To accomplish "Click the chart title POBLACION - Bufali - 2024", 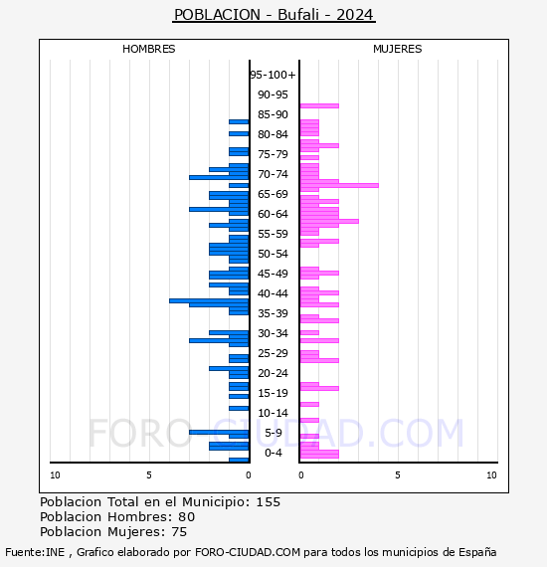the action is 273,15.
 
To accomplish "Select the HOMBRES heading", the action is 148,49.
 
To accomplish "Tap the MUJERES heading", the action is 398,49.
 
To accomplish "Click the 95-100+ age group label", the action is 273,75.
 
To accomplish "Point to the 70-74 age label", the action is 273,174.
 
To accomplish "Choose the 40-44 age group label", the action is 273,293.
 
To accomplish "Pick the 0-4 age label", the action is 273,453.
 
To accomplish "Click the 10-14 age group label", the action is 273,413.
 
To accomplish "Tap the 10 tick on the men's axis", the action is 55,475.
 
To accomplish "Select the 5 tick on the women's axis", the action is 398,475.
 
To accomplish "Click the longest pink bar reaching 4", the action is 339,185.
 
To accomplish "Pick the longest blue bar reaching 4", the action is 209,300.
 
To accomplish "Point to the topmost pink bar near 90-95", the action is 319,106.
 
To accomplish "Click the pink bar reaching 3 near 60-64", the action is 329,221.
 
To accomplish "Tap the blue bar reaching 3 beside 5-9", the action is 219,432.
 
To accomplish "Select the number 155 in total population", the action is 268,502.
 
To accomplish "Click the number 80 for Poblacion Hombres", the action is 187,516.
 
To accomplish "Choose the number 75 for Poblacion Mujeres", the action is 179,531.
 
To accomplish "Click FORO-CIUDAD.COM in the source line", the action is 248,552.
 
